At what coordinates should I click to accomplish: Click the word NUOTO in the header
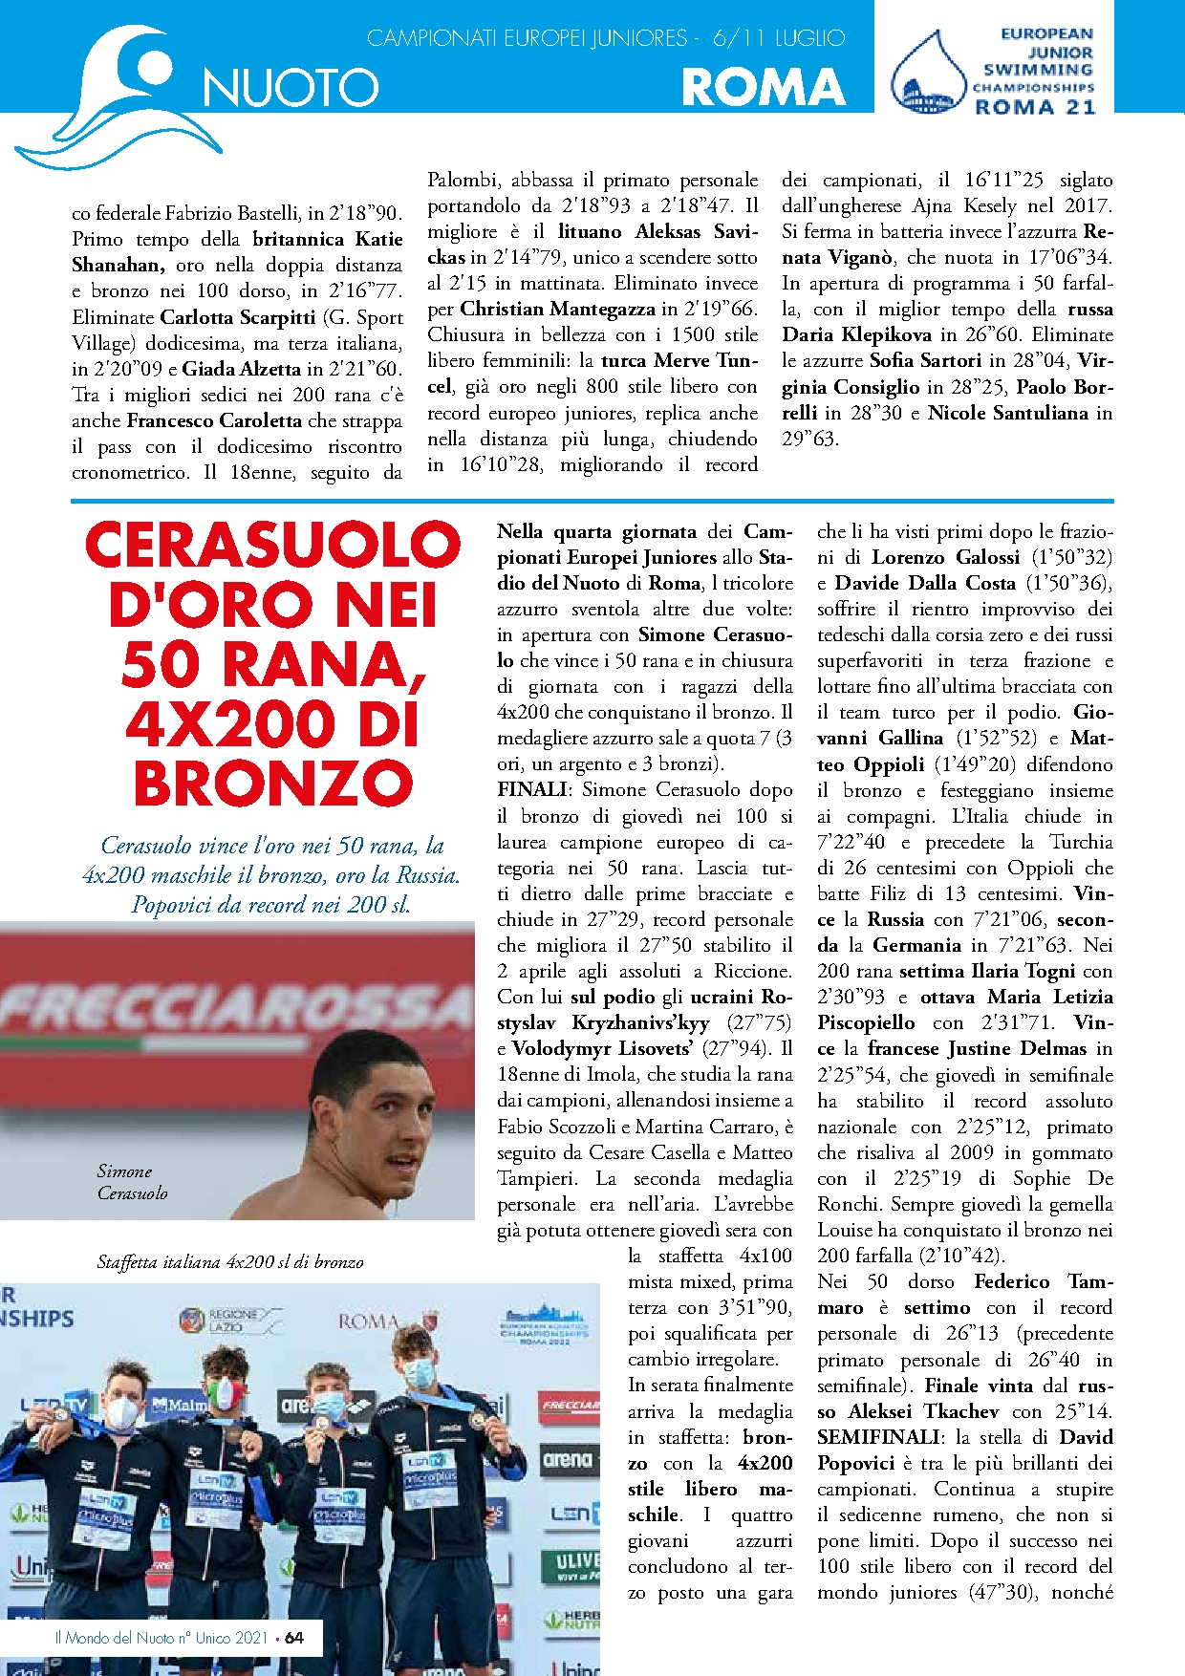[291, 88]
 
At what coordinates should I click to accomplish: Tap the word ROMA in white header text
[764, 88]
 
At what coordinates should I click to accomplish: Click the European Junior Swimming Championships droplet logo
[928, 75]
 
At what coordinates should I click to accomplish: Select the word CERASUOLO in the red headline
[272, 545]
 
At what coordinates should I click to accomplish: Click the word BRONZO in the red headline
[272, 784]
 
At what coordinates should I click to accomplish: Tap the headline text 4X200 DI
[272, 724]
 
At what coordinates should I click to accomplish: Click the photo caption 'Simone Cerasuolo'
[132, 1182]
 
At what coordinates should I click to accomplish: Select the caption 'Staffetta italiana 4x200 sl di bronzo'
[230, 1262]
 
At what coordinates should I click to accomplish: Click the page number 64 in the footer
[294, 1638]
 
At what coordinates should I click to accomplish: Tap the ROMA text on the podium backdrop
[368, 1321]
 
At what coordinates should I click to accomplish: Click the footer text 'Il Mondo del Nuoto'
[116, 1638]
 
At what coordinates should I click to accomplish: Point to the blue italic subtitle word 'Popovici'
[172, 905]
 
